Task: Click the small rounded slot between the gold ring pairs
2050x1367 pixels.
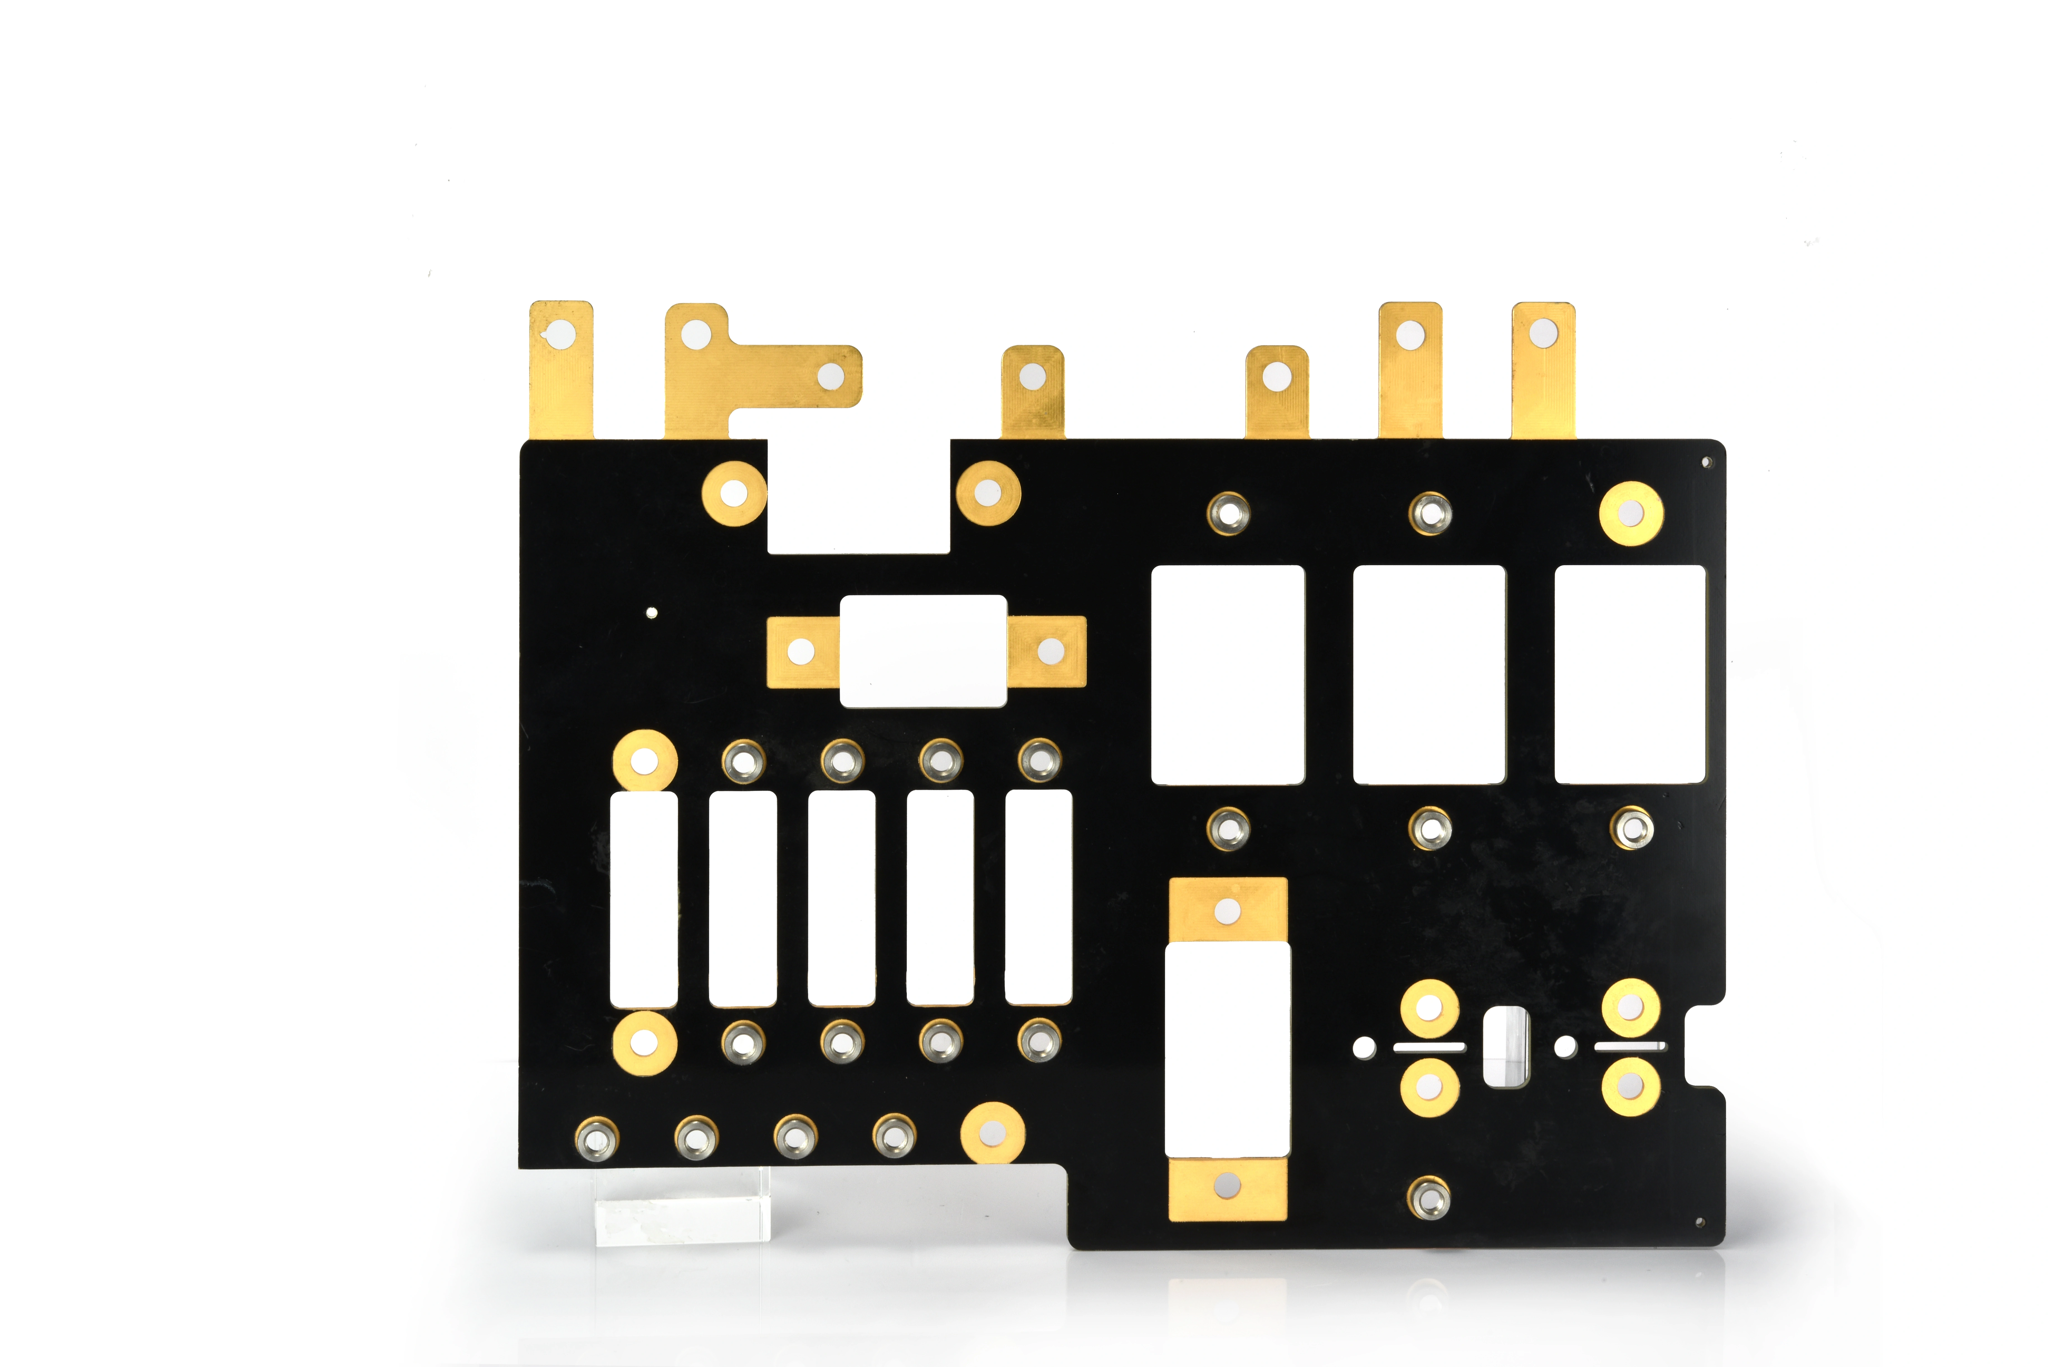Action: click(x=1505, y=1046)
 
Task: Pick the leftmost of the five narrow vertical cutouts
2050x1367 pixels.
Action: click(x=644, y=899)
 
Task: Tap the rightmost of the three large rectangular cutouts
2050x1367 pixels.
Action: click(x=1630, y=674)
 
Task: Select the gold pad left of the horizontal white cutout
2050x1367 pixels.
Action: click(x=802, y=651)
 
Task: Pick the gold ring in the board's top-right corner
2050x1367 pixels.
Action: click(x=1631, y=513)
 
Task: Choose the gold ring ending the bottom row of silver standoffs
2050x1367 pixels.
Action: click(x=992, y=1132)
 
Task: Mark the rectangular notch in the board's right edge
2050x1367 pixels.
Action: click(x=1704, y=1046)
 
